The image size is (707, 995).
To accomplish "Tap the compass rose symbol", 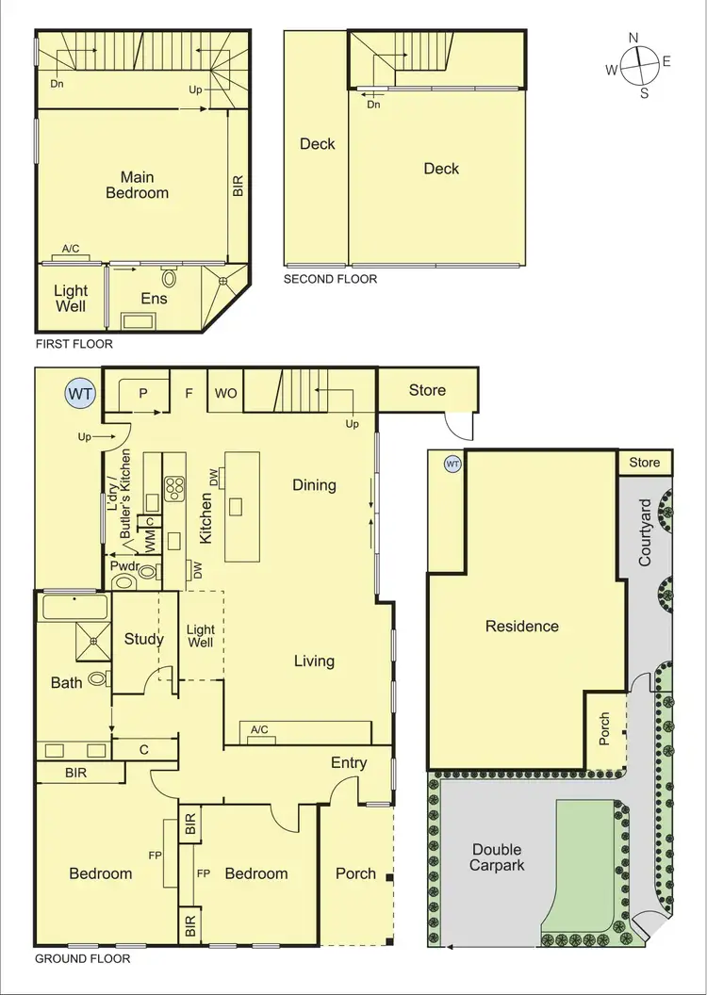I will point(640,64).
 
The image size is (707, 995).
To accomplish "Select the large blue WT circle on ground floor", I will point(80,394).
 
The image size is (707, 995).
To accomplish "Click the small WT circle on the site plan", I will point(452,464).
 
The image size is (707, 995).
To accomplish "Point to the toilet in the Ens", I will point(170,279).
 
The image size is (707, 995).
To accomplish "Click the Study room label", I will point(144,639).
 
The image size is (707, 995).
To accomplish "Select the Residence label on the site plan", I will point(522,626).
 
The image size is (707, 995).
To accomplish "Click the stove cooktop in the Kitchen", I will point(175,487).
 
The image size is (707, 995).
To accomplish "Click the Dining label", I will point(314,484).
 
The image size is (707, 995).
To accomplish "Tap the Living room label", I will point(314,661).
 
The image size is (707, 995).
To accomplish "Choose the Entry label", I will point(348,763).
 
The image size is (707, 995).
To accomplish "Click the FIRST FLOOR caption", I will point(74,344).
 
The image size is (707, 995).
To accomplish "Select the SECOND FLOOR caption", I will point(330,279).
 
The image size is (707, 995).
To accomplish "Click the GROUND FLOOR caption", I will point(82,958).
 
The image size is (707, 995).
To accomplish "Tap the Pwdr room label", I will point(124,565).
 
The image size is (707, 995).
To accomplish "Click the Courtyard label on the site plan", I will point(646,532).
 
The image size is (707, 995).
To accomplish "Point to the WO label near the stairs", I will point(226,392).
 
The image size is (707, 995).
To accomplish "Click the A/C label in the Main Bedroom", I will point(71,249).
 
